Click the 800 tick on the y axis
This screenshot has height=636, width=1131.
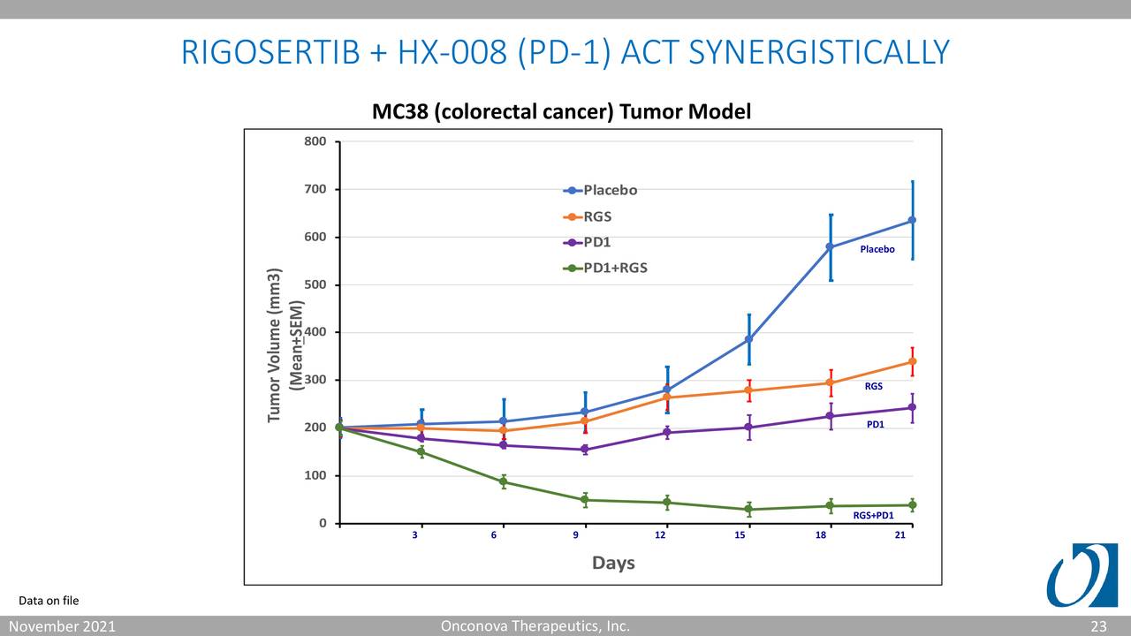315,141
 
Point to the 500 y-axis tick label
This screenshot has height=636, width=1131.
315,284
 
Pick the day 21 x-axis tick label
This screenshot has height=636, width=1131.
899,536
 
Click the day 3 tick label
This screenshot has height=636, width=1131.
415,536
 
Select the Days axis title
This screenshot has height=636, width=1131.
613,563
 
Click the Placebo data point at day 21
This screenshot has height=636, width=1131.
912,220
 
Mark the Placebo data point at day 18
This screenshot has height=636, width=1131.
831,246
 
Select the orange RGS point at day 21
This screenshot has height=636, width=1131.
912,361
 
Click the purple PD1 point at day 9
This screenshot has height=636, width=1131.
585,450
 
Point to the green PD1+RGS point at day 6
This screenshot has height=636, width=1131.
503,481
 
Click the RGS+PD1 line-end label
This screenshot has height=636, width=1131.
873,515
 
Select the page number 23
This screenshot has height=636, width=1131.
1098,626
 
